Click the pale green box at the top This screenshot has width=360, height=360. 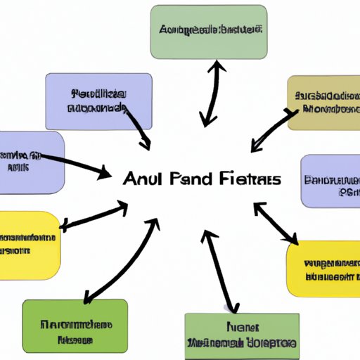point(209,32)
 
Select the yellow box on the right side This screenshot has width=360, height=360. point(324,268)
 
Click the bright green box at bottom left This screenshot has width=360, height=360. point(75,325)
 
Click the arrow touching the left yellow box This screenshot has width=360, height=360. point(94,215)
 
